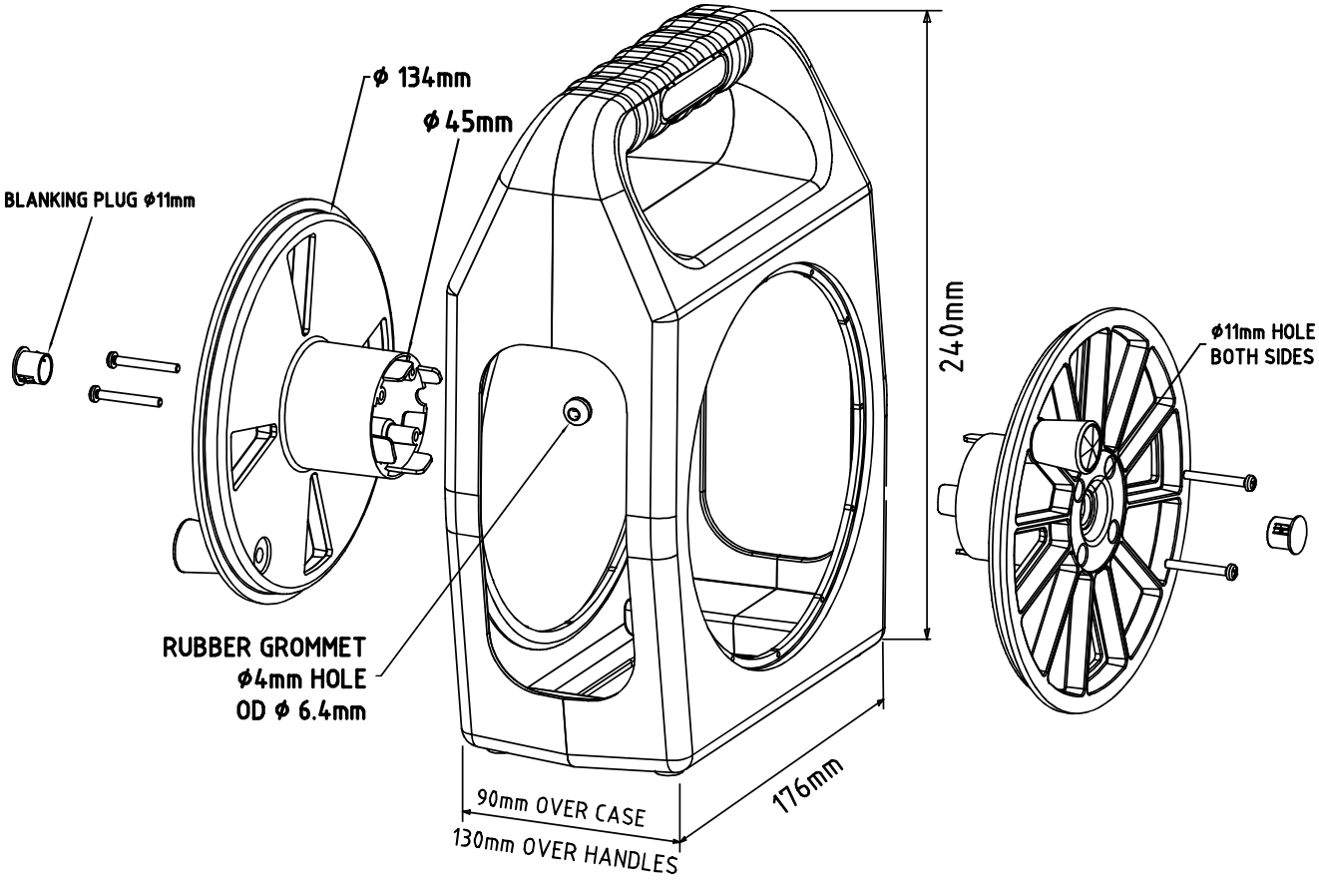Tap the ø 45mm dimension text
(x=467, y=122)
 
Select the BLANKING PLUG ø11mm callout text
(x=101, y=200)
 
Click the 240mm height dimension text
(x=956, y=325)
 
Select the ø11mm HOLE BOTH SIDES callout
(x=1261, y=344)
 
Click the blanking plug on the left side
(x=34, y=364)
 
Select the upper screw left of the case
(x=142, y=362)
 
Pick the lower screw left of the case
(x=126, y=396)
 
